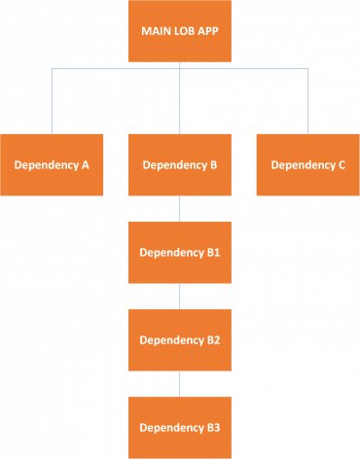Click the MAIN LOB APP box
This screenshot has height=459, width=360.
pyautogui.click(x=180, y=31)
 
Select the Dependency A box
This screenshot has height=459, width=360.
pyautogui.click(x=52, y=164)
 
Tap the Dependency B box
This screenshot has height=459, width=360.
pyautogui.click(x=180, y=164)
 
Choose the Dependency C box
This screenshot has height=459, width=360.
pyautogui.click(x=307, y=164)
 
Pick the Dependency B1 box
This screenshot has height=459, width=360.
pyautogui.click(x=180, y=252)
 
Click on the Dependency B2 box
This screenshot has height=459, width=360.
pyautogui.click(x=180, y=339)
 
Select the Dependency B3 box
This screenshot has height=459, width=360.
pyautogui.click(x=180, y=427)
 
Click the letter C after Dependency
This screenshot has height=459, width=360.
pyautogui.click(x=342, y=165)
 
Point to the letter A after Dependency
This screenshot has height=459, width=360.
pyautogui.click(x=86, y=165)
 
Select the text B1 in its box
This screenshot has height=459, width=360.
pyautogui.click(x=213, y=253)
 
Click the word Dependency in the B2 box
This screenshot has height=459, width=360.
pyautogui.click(x=171, y=340)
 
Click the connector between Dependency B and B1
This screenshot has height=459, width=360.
pyautogui.click(x=180, y=208)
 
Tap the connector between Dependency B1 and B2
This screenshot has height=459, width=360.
pyautogui.click(x=180, y=296)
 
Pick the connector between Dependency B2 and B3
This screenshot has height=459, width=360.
pyautogui.click(x=180, y=383)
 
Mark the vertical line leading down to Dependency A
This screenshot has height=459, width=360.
pyautogui.click(x=52, y=102)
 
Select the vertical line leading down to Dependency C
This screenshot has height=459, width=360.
pyautogui.click(x=308, y=102)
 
